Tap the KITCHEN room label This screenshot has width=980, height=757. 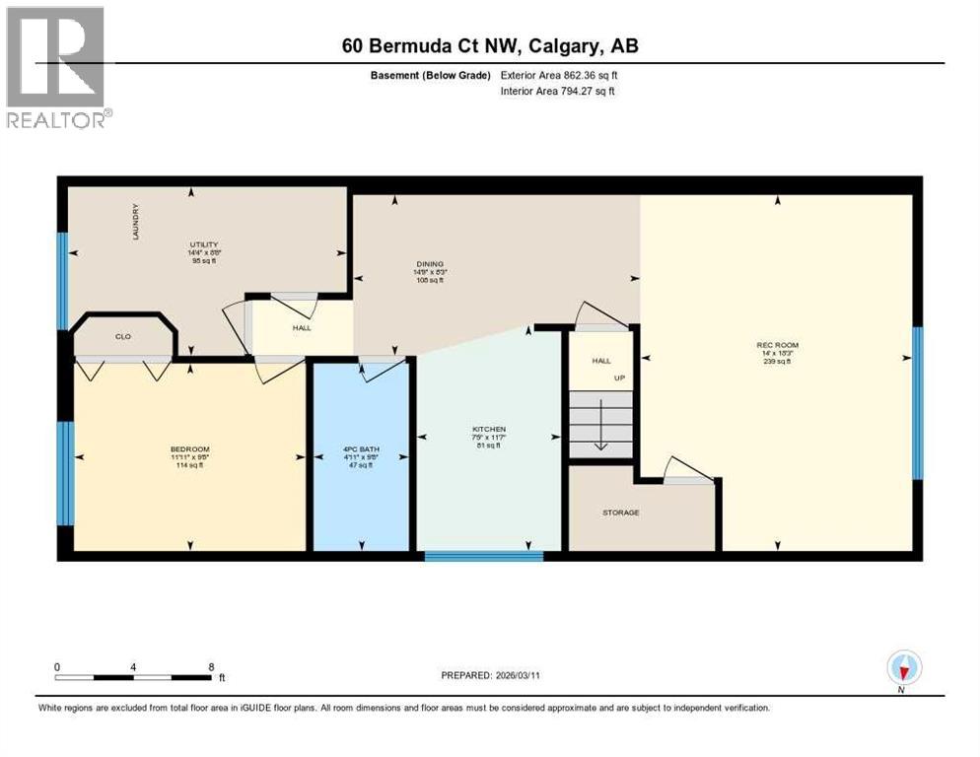pyautogui.click(x=488, y=430)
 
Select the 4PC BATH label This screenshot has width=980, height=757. pyautogui.click(x=360, y=449)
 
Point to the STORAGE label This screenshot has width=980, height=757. pyautogui.click(x=621, y=513)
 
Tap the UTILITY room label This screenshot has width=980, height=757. pyautogui.click(x=204, y=244)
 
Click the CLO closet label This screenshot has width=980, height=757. pyautogui.click(x=123, y=336)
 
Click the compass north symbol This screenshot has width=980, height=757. pyautogui.click(x=903, y=668)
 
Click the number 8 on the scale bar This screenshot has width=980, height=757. pyautogui.click(x=211, y=666)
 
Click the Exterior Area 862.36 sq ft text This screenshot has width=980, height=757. pyautogui.click(x=559, y=75)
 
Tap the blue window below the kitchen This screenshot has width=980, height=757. pyautogui.click(x=484, y=556)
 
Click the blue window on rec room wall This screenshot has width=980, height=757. pyautogui.click(x=917, y=401)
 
